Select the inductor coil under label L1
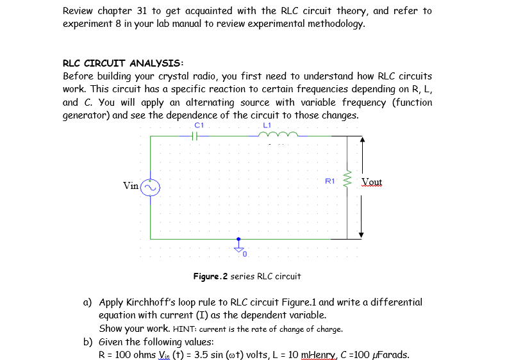[x=276, y=135]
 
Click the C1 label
[x=198, y=125]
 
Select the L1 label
[x=267, y=125]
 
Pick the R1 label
[x=330, y=181]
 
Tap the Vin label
[x=131, y=186]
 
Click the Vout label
[x=372, y=182]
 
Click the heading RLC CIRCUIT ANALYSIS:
[x=122, y=63]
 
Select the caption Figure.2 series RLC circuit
[x=247, y=277]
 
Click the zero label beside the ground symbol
[x=245, y=255]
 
